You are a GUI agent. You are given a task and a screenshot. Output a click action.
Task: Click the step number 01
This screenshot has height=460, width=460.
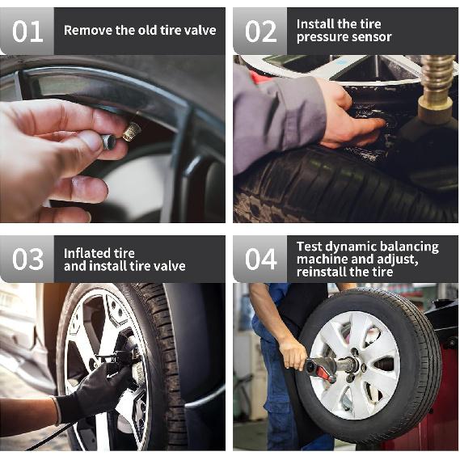(x=27, y=32)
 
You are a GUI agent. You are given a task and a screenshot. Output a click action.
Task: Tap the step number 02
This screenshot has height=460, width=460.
(x=260, y=32)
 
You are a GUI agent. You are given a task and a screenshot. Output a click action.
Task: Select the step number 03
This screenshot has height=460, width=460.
(x=27, y=260)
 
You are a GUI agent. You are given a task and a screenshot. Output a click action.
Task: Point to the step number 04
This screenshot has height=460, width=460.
(x=260, y=260)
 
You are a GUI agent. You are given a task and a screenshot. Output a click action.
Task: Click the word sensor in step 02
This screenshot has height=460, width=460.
(x=373, y=37)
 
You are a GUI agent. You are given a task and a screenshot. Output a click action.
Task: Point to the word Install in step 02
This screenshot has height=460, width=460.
(x=314, y=24)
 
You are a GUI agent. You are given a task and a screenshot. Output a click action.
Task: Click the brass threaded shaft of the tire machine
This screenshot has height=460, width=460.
(x=437, y=81)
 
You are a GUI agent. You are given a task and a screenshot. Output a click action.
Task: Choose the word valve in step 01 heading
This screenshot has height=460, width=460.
(x=201, y=31)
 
